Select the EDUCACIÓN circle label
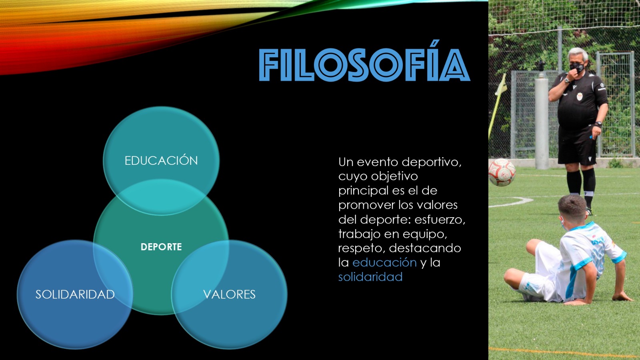[161, 160]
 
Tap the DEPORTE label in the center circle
[161, 247]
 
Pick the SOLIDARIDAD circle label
[75, 294]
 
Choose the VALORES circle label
[229, 294]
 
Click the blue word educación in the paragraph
[384, 262]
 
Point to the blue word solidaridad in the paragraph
[370, 277]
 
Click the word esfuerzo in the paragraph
[440, 220]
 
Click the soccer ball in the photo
[502, 172]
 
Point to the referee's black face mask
[577, 68]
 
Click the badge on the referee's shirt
[580, 96]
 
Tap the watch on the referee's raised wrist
[567, 80]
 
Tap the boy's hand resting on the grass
[623, 298]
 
